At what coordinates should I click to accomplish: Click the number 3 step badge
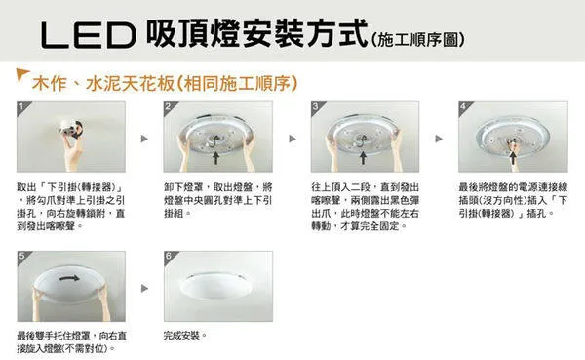316,105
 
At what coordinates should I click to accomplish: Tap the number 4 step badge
462,105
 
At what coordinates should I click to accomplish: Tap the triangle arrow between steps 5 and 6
144,289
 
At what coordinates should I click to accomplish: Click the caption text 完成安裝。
185,336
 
